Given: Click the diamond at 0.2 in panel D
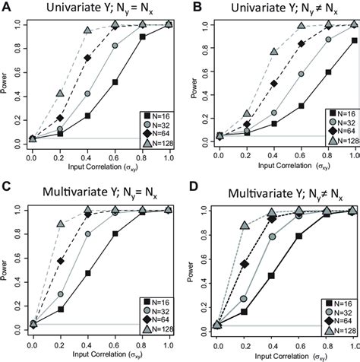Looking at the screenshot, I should [x=245, y=264].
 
